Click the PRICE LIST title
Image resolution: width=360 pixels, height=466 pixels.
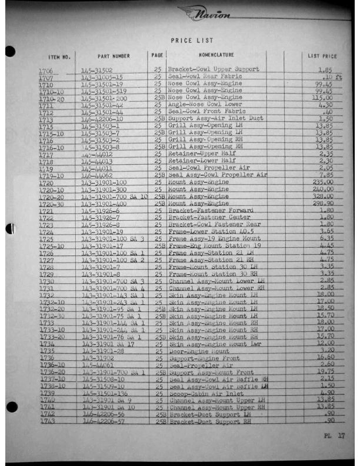192,41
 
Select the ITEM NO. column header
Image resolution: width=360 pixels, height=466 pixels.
59,58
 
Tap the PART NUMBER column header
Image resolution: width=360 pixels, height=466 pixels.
114,56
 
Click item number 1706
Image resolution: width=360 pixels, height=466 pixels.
46,71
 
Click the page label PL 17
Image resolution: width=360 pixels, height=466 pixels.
334,436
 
